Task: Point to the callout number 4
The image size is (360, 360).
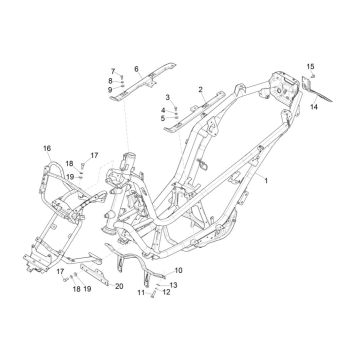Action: [x=162, y=109]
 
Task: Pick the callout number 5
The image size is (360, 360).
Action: [x=162, y=118]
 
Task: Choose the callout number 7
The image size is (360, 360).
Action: [x=112, y=70]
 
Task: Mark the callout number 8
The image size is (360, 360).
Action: [x=111, y=80]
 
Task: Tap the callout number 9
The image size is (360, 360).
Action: [x=111, y=90]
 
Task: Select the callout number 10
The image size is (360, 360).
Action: [x=179, y=271]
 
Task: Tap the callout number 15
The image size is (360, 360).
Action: [x=310, y=64]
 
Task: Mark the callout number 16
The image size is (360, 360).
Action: [x=47, y=149]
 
